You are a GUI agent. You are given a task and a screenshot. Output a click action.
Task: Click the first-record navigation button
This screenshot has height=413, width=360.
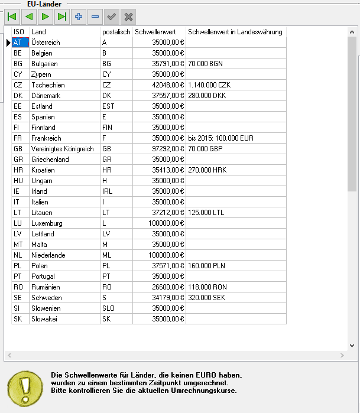coord(12,17)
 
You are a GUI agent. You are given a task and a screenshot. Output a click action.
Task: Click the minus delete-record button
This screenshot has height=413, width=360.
coord(95,17)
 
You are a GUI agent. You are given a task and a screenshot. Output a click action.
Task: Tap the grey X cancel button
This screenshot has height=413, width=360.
coord(128,17)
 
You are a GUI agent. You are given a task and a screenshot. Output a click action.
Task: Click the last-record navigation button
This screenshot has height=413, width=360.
coord(61,17)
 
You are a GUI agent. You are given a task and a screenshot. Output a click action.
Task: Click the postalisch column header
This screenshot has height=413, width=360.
coord(116,32)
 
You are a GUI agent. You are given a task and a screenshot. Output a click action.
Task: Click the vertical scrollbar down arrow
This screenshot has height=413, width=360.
coord(352,346)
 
